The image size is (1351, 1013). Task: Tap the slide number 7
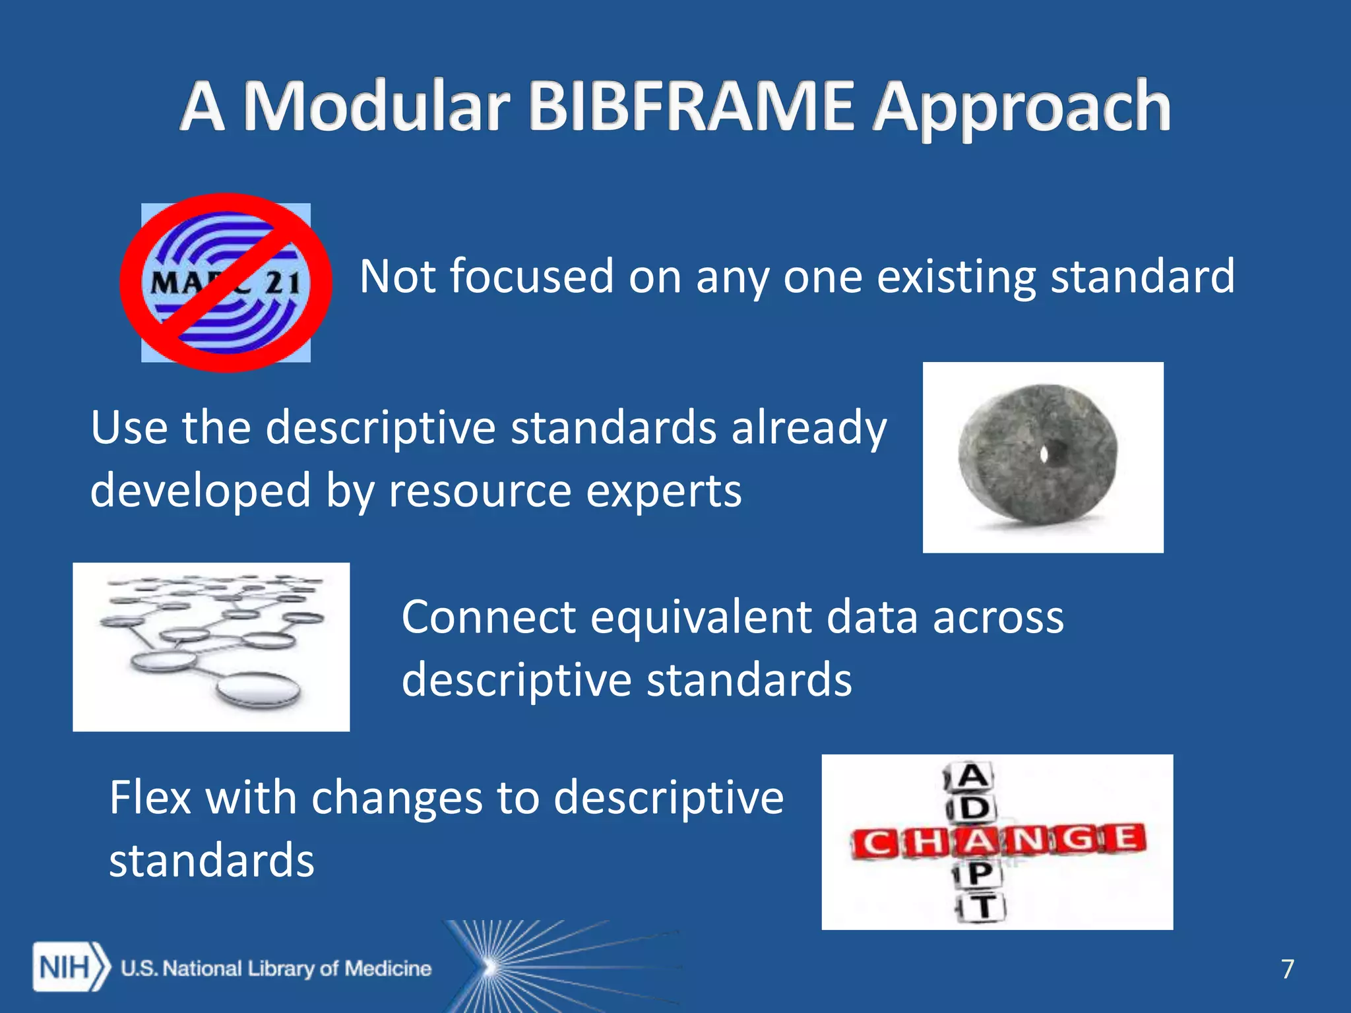(x=1287, y=969)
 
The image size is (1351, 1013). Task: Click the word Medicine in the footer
(x=388, y=968)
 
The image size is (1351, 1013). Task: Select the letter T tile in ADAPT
(x=983, y=907)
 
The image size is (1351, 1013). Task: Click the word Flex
(x=150, y=797)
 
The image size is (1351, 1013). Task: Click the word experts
(x=664, y=491)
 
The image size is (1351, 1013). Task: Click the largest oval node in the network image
(x=259, y=689)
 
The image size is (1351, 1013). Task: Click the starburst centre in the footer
(x=489, y=967)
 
